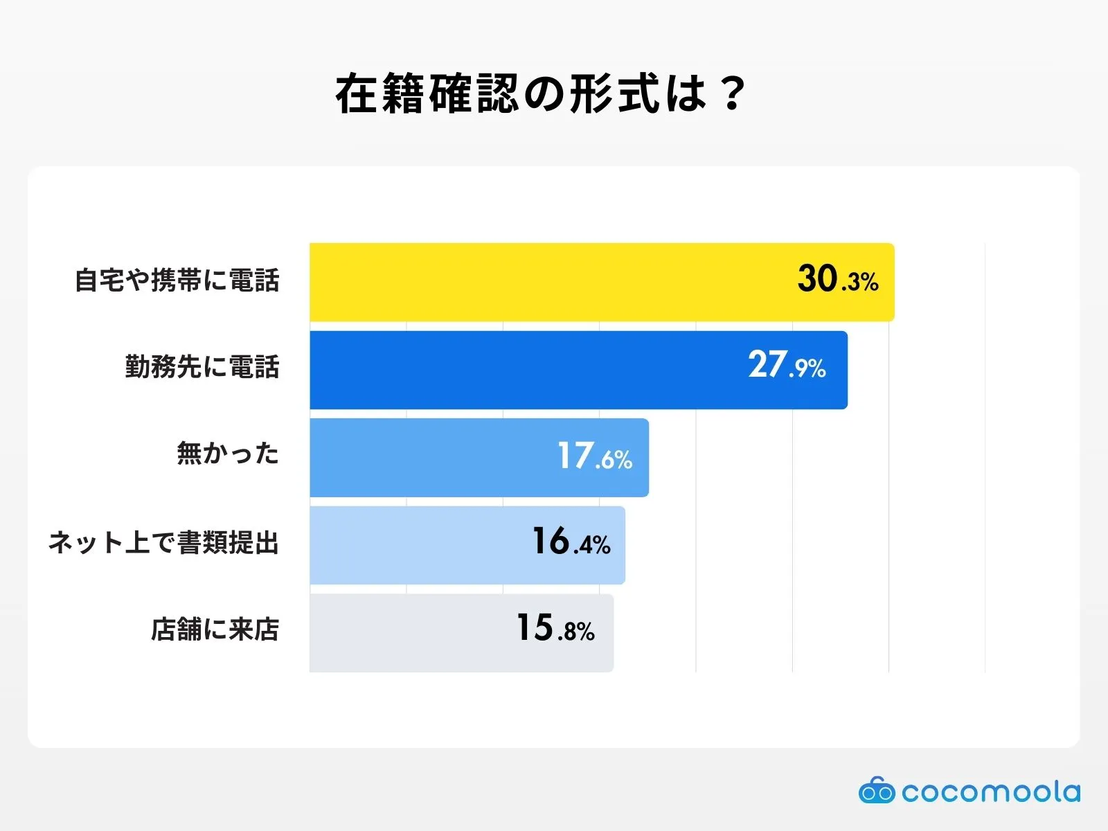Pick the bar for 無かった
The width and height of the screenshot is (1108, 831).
click(429, 458)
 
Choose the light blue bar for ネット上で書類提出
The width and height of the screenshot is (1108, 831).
click(415, 545)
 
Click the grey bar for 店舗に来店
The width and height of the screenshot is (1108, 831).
click(409, 633)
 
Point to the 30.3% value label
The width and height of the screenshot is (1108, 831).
click(837, 280)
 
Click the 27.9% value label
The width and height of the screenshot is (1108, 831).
click(787, 366)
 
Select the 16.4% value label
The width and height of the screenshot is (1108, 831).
click(571, 542)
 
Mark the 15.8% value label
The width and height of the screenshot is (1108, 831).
click(555, 629)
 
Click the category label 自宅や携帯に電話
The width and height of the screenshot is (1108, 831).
click(177, 281)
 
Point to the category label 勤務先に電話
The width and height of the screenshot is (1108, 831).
click(202, 367)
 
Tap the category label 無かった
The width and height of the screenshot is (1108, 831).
click(228, 454)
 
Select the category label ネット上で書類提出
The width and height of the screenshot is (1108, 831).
click(163, 542)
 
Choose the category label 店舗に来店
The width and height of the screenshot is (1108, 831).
click(215, 629)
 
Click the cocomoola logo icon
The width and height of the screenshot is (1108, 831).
click(877, 791)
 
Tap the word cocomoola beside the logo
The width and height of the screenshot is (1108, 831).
click(991, 792)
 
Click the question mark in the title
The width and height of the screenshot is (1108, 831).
click(731, 94)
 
